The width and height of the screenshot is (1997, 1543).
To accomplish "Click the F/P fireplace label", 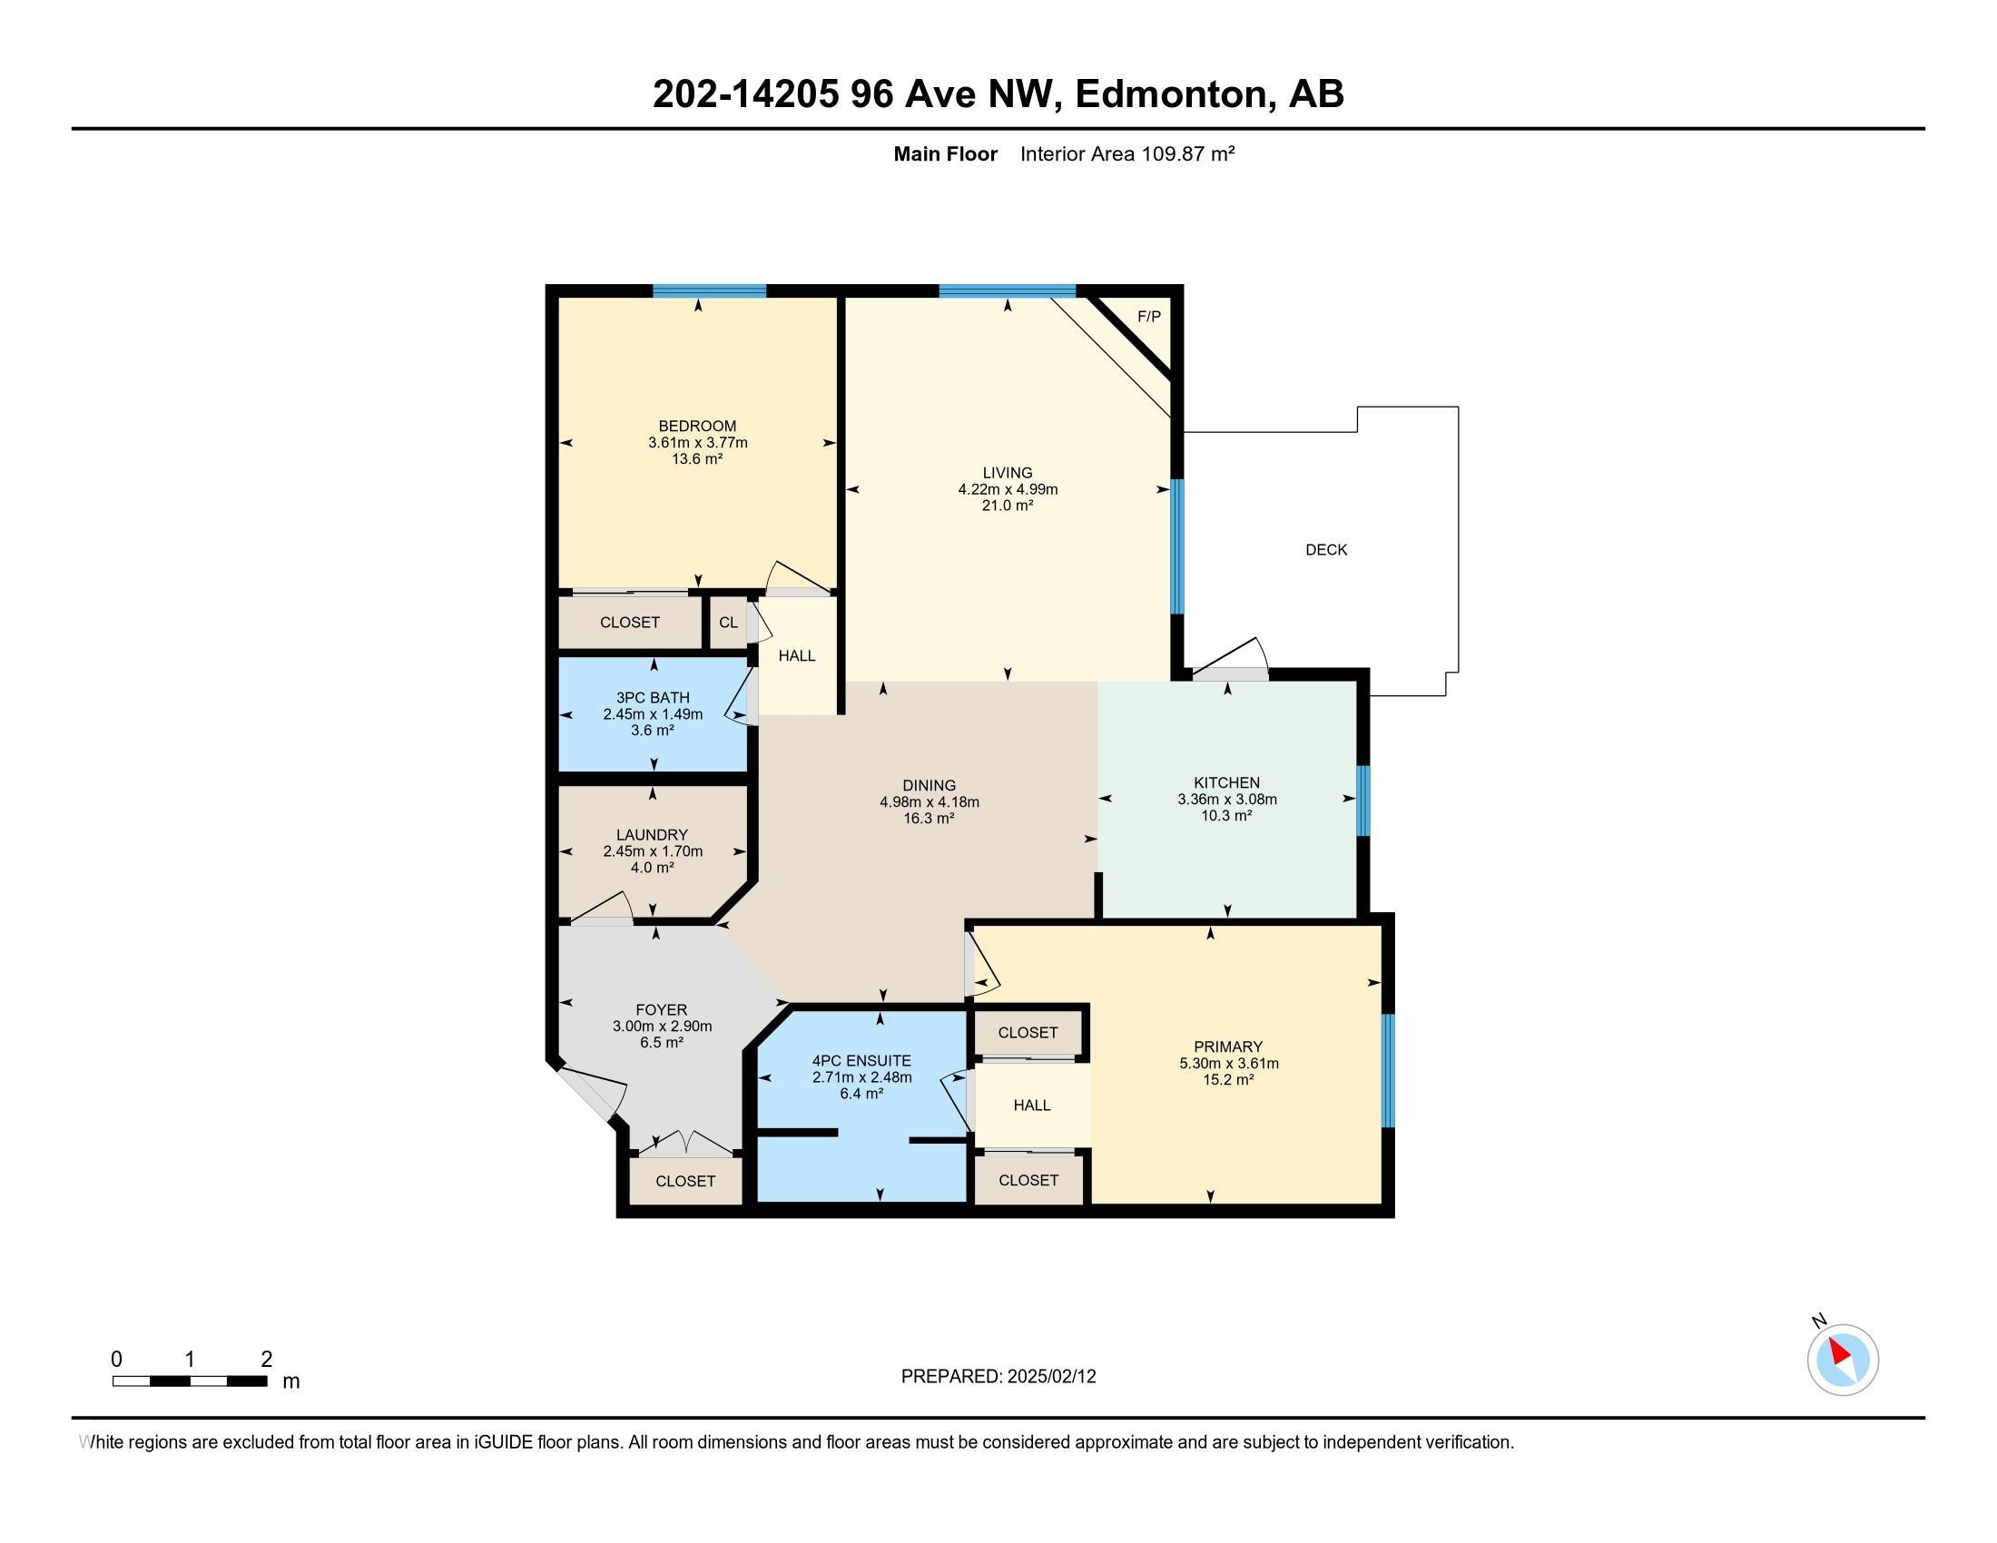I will (1148, 316).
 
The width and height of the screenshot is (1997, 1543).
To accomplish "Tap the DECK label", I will (1326, 549).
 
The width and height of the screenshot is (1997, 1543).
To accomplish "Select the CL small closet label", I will (728, 623).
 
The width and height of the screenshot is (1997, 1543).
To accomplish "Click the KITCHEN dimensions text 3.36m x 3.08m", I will (1227, 799).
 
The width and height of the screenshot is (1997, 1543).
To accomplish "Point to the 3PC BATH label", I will (653, 697).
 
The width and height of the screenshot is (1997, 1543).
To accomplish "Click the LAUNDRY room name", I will (652, 834).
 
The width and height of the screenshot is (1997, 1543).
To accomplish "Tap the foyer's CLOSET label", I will (684, 1181).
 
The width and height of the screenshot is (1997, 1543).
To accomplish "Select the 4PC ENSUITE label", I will (861, 1060).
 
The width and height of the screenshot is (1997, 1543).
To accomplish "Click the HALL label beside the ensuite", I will (1031, 1106).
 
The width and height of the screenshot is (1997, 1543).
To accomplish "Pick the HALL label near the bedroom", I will (796, 655).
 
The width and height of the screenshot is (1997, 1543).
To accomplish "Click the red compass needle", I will (1839, 1351).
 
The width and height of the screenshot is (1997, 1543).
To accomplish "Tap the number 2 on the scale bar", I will (266, 1360).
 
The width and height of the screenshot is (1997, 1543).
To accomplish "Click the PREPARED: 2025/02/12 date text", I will (998, 1376).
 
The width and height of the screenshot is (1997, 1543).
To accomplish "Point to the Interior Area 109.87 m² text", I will (1127, 153).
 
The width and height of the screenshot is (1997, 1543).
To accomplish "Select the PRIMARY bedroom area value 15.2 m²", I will (1227, 1079).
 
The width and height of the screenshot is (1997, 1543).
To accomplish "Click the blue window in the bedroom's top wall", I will (709, 290).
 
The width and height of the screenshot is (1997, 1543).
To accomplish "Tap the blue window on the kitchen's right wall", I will (1362, 801).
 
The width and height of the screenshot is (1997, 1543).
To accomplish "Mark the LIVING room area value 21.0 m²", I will (1008, 506).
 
